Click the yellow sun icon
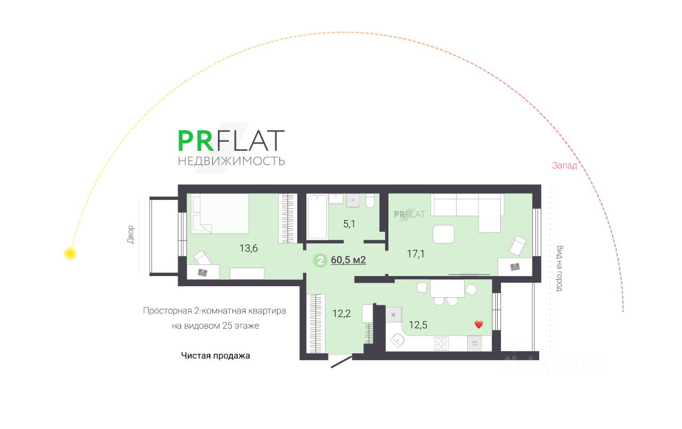coord(70,253)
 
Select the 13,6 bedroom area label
coord(249,247)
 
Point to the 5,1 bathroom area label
coord(349,224)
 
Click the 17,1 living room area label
coord(416,254)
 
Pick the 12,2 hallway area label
coord(341,313)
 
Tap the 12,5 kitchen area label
coord(417,324)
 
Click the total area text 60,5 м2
coord(348,260)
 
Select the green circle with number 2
coord(320,261)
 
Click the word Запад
coord(564,166)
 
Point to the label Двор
coord(131,234)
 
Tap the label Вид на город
coord(559,268)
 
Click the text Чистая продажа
coord(215,355)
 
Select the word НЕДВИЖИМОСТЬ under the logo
coord(231,161)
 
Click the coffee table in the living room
coord(443,234)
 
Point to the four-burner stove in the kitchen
coord(441,343)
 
